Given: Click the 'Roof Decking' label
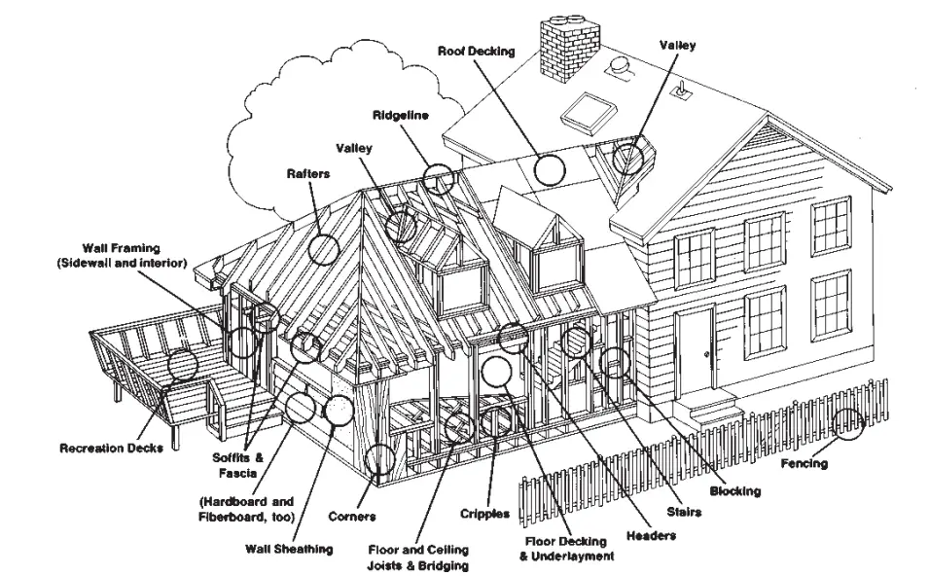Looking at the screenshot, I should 476,51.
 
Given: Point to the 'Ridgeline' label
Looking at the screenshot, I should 401,116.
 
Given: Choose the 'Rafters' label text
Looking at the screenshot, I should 308,173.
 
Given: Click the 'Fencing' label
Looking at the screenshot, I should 804,463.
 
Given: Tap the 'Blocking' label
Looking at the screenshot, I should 734,491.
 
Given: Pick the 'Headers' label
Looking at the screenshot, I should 651,534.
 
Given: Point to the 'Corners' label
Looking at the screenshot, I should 352,516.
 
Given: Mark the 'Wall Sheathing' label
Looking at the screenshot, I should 289,549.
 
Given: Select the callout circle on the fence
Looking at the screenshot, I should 849,424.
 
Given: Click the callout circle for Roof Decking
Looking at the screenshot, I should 550,169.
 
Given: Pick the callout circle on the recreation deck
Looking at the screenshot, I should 182,364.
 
